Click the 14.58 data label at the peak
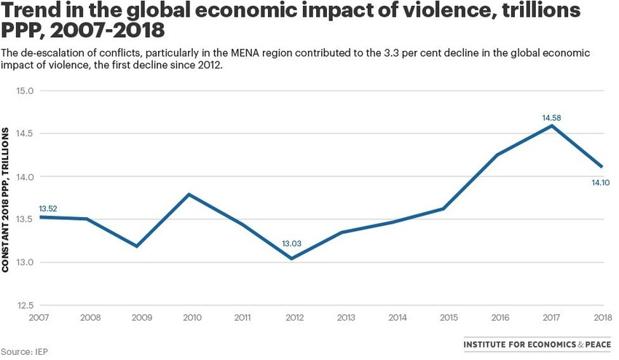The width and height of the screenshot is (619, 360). (x=551, y=117)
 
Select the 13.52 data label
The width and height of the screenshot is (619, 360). (x=48, y=208)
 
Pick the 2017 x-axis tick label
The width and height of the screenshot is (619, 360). (x=551, y=318)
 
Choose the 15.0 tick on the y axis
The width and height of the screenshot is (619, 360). (x=25, y=91)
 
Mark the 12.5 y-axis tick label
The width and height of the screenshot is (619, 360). (x=25, y=305)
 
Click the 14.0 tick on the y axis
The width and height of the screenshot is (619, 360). (x=25, y=176)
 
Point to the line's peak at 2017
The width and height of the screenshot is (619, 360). (x=552, y=125)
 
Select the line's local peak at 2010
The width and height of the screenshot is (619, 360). (x=189, y=194)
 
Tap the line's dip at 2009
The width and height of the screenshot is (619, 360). (x=137, y=246)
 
